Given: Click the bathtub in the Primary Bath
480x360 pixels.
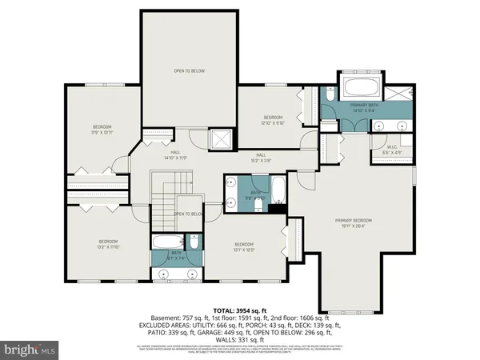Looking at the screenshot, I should pos(364,86).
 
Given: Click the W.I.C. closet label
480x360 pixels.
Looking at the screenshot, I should pos(393,148).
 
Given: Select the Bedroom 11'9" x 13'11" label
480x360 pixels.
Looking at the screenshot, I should pos(102,130).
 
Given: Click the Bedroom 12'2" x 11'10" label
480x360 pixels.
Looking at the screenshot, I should pos(108,245).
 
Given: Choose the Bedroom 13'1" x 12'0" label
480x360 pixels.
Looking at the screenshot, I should pos(244,246).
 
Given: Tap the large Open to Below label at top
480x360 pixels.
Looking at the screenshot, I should pos(190,71).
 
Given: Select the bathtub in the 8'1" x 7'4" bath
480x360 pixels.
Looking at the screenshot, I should pos(165,242).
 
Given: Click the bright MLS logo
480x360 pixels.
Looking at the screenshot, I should pos(30,350).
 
